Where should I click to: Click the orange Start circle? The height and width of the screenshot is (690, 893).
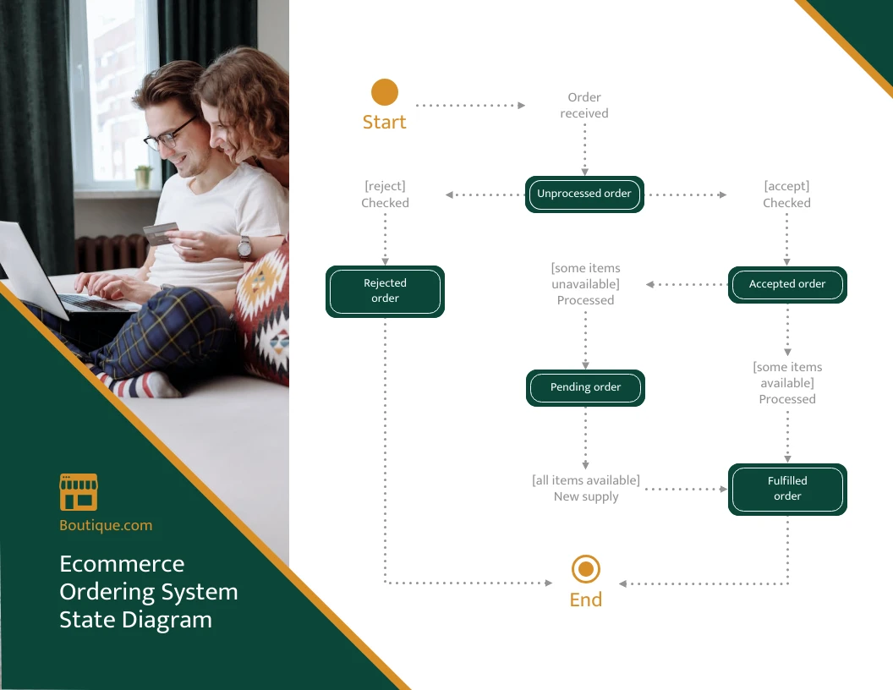tap(384, 92)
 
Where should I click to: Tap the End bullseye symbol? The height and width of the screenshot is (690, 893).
tap(585, 569)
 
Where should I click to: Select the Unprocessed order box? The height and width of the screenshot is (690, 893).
tap(584, 194)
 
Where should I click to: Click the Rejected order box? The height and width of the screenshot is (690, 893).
tap(385, 292)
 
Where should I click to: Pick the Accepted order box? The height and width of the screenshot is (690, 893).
tap(787, 285)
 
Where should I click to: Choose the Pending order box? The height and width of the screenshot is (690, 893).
tap(585, 388)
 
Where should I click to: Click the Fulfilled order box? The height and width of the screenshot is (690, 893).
tap(787, 490)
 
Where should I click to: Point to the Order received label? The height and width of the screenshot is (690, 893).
tap(584, 106)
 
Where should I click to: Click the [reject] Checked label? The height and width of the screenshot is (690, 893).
tap(385, 194)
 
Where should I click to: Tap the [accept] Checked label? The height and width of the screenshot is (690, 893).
tap(786, 194)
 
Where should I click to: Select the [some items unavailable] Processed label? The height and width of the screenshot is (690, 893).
tap(585, 284)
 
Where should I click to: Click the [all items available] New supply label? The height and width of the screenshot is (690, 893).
tap(586, 489)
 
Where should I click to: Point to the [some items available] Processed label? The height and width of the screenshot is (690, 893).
tap(787, 383)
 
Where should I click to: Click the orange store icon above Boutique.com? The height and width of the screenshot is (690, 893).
tap(79, 492)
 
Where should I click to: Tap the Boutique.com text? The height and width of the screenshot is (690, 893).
tap(106, 525)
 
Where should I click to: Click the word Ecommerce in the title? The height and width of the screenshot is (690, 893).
tap(122, 564)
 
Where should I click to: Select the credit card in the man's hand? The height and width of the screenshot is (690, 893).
tap(160, 233)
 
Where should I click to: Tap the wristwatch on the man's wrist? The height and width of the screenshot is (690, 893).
tap(244, 247)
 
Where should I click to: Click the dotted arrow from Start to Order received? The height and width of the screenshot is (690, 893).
tap(470, 106)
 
